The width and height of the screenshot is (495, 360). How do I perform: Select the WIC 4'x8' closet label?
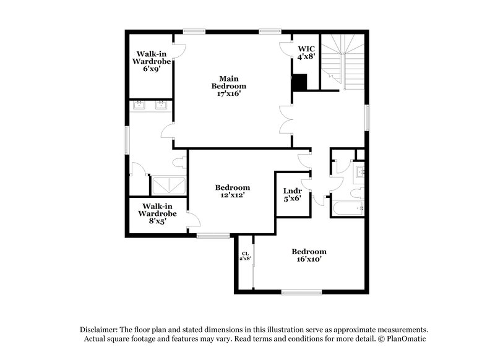307,52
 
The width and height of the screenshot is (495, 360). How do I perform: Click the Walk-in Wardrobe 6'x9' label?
149,61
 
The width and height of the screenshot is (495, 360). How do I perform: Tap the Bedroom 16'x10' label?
309,255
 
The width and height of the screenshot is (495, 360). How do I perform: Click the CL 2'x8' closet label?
245,255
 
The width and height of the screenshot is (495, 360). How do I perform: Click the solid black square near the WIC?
300,82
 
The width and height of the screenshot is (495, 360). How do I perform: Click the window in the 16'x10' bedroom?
299,292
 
